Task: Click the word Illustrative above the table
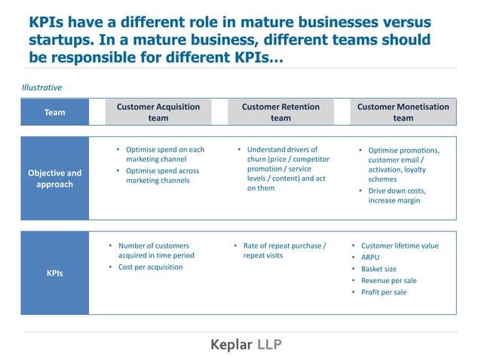click(x=41, y=87)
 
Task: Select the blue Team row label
click(x=55, y=112)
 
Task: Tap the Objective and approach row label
click(x=55, y=178)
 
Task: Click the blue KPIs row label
click(x=55, y=273)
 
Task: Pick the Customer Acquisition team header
click(x=158, y=112)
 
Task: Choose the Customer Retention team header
click(x=280, y=112)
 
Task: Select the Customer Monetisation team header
click(x=403, y=112)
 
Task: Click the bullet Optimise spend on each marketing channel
click(x=164, y=154)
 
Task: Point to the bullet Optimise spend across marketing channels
click(x=162, y=175)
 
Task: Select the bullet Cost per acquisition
click(x=150, y=267)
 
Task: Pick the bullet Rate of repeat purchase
click(x=284, y=250)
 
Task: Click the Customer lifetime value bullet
click(x=399, y=246)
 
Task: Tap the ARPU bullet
click(x=370, y=258)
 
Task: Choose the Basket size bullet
click(x=378, y=269)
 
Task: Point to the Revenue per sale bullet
click(x=388, y=280)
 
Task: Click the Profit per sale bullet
click(x=383, y=292)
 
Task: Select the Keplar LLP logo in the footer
click(x=247, y=345)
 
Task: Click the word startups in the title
click(x=63, y=39)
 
